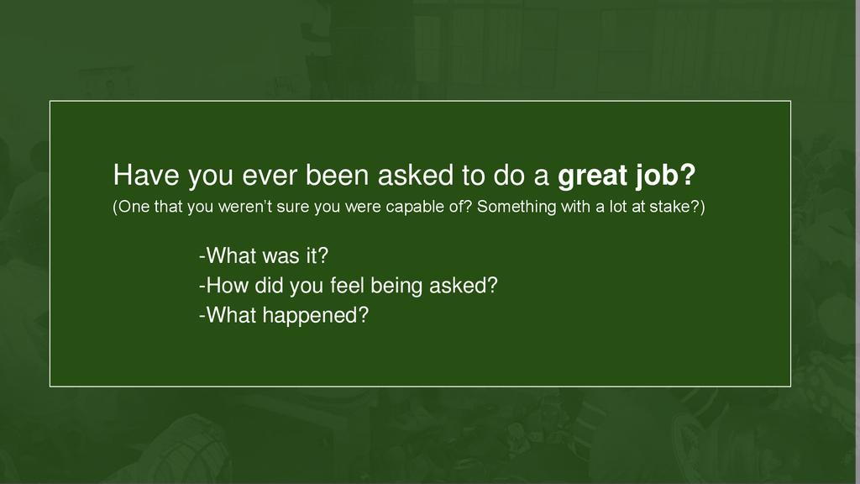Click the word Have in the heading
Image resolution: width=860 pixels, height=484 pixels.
146,175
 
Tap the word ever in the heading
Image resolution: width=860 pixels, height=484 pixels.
270,176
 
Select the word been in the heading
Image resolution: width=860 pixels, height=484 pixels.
337,175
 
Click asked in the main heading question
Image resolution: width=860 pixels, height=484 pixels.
416,175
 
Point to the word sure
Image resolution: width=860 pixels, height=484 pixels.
293,208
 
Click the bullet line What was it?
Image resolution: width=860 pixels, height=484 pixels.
263,255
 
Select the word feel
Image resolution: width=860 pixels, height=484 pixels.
348,286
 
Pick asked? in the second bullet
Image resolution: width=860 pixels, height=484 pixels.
464,286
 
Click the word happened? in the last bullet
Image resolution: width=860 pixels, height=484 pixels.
316,316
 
